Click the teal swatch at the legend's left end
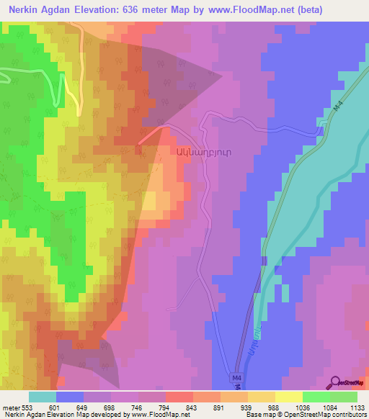click(x=42, y=397)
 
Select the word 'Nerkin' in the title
click(x=27, y=10)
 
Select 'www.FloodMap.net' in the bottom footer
click(x=156, y=415)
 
